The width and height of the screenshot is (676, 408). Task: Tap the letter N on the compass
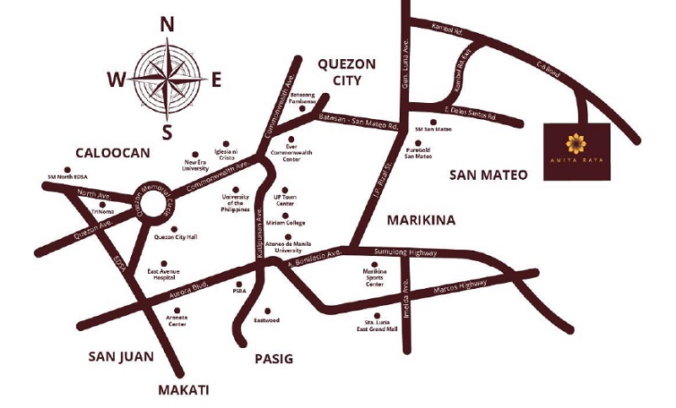(x=167, y=25)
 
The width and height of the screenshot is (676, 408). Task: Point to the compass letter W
(x=117, y=80)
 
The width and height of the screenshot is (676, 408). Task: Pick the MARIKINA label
(x=421, y=220)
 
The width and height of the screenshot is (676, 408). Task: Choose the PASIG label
(x=273, y=359)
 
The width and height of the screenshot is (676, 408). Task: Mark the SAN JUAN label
(x=121, y=356)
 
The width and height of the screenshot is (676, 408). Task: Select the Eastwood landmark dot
(x=268, y=310)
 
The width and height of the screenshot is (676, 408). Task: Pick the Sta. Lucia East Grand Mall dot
(x=377, y=315)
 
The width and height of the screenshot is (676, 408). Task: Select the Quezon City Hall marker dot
(x=175, y=229)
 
